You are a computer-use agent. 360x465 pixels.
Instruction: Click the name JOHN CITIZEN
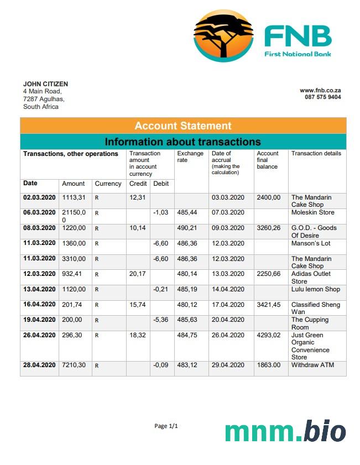coord(45,84)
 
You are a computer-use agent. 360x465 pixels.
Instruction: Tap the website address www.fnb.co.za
coord(320,90)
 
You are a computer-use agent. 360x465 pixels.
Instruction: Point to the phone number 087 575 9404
coord(322,97)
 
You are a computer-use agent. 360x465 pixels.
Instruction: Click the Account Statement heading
coord(183,126)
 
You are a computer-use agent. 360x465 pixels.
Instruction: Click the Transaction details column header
coord(316,154)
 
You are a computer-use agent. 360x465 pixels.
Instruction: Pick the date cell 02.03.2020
coord(39,197)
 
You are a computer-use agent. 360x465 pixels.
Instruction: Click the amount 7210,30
coord(74,365)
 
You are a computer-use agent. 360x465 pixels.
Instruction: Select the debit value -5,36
coord(160,320)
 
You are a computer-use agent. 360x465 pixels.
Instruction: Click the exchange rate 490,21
coord(187,228)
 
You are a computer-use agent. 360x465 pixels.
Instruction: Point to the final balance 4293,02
coord(269,335)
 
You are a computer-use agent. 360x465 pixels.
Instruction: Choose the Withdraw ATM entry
coord(312,365)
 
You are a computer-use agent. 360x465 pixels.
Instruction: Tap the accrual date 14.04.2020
coord(228,289)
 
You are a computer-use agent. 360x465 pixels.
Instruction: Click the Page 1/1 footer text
coord(166,426)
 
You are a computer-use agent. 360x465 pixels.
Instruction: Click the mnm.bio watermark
coord(285,432)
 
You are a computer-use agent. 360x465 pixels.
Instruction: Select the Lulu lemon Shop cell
coord(316,289)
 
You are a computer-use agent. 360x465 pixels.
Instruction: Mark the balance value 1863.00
coord(269,365)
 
